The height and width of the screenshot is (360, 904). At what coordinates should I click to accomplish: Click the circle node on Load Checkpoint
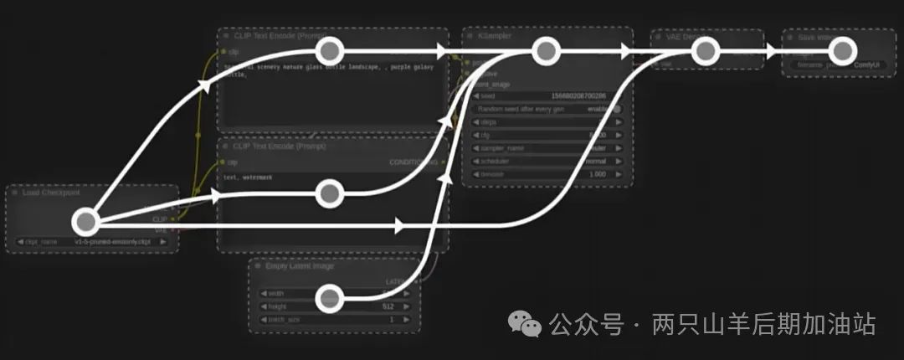pos(85,222)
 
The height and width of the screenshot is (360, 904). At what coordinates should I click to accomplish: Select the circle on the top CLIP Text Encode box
pos(330,50)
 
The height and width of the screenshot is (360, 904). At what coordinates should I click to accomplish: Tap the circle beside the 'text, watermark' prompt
pos(330,194)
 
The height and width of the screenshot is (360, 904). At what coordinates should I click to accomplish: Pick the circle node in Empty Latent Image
pos(330,297)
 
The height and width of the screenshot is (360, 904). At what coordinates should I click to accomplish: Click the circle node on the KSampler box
pos(546,50)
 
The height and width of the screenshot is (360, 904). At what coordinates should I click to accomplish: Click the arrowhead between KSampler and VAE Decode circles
pos(626,50)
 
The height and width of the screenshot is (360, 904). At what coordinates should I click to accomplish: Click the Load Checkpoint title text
pos(52,193)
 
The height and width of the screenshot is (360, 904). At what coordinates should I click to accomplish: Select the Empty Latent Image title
pos(300,266)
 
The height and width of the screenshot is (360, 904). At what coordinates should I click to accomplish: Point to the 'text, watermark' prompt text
pos(249,177)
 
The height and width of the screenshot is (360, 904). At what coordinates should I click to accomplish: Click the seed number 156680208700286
pos(578,96)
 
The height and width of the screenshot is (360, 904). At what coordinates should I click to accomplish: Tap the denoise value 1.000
pos(597,173)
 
